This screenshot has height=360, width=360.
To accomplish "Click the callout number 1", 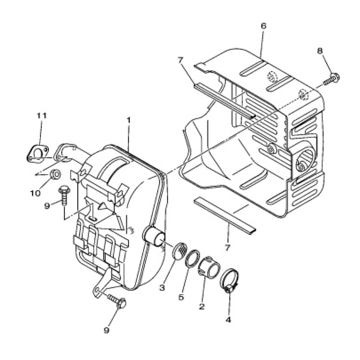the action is pyautogui.click(x=128, y=120).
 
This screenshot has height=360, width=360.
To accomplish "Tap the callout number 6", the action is pyautogui.click(x=264, y=26).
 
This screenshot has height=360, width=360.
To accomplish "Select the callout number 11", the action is pyautogui.click(x=41, y=115).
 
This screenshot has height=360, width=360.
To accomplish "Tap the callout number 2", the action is pyautogui.click(x=202, y=306).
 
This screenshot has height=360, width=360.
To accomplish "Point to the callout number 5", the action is pyautogui.click(x=181, y=297).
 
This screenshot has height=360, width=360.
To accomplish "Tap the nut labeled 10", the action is pyautogui.click(x=55, y=174).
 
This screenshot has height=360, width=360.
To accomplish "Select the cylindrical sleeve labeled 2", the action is pyautogui.click(x=209, y=268).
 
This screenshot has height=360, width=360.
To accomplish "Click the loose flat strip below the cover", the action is pyautogui.click(x=225, y=216).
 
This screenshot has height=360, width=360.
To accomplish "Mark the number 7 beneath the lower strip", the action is pyautogui.click(x=227, y=248).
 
